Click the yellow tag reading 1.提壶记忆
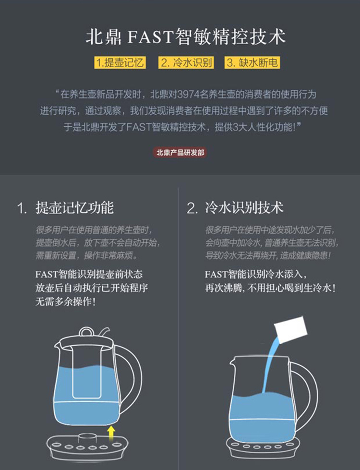tap(120, 62)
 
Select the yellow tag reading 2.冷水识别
tap(186, 62)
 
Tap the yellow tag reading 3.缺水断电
tap(252, 62)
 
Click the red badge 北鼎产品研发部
tap(180, 153)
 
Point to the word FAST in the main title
tap(151, 37)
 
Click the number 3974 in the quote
tap(188, 95)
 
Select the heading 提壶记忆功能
tap(74, 207)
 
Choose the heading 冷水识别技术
tap(244, 207)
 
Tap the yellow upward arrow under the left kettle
tap(111, 434)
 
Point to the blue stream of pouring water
tap(270, 364)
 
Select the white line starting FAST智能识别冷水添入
tap(256, 274)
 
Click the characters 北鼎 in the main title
tap(103, 37)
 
